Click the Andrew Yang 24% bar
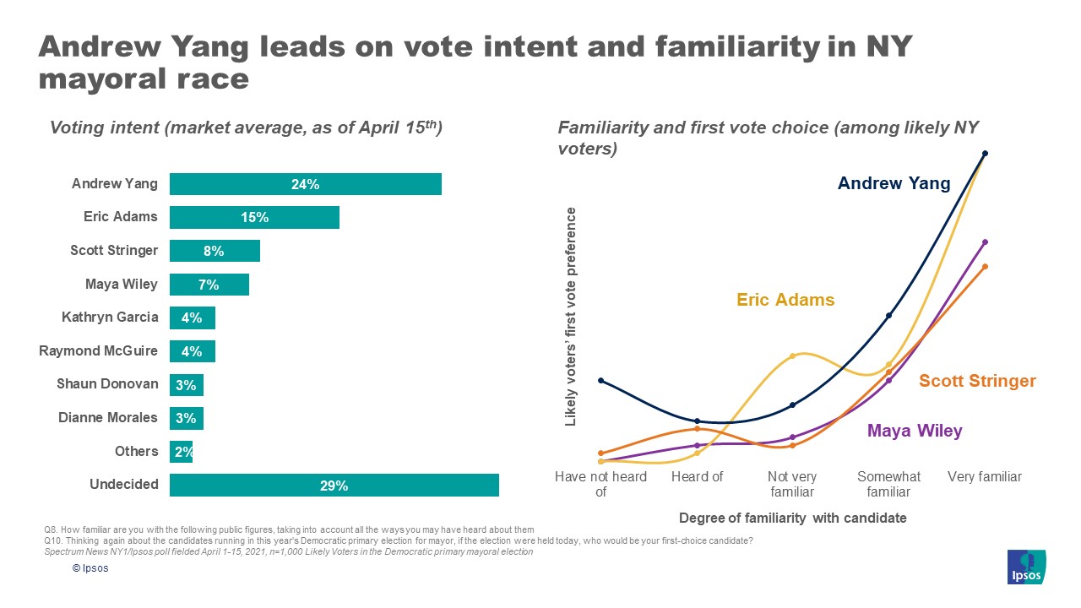305,184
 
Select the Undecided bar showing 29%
334,486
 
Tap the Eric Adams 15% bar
254,217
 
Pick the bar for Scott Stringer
215,251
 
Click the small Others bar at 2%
181,452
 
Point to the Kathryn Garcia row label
109,318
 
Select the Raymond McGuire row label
98,350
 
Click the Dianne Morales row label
107,417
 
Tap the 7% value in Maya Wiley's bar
209,285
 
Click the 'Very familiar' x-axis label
984,477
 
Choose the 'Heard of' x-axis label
697,477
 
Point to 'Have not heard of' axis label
600,484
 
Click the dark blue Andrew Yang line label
894,183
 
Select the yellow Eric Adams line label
785,300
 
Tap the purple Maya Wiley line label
915,431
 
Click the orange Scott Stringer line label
977,381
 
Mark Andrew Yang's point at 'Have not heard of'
600,380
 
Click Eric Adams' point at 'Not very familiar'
792,356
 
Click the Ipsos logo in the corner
1027,567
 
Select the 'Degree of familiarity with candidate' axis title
792,518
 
